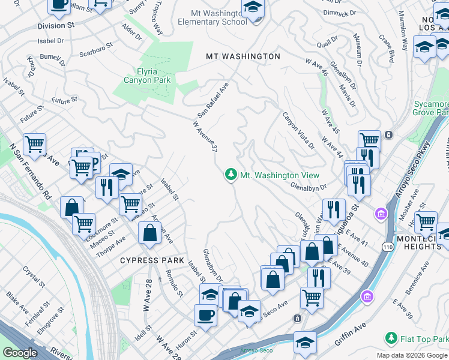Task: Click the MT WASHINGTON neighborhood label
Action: coord(243,56)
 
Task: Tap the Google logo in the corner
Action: coord(20,353)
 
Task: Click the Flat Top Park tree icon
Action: coord(391,339)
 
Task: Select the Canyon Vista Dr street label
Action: coord(298,130)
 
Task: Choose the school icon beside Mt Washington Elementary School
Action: coord(253,8)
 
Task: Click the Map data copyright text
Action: coord(412,355)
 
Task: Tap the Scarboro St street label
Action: coord(97,46)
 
